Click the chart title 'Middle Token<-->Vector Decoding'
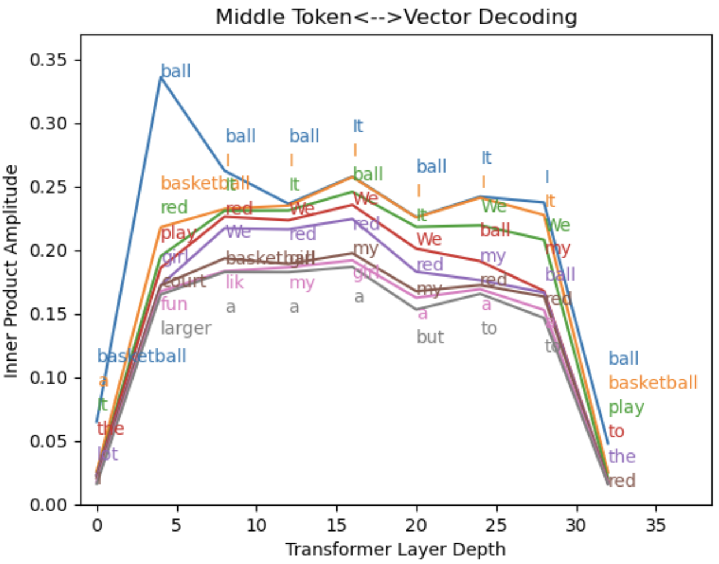pos(396,17)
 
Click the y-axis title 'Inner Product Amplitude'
pos(12,272)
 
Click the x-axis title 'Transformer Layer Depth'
pos(395,549)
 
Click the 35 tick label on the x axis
pos(655,525)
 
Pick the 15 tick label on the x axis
pos(336,525)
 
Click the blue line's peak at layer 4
pos(161,77)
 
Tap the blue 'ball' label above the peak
pos(176,71)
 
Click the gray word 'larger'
pos(186,328)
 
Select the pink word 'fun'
pos(174,304)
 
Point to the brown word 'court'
pos(183,281)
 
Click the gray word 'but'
pos(430,337)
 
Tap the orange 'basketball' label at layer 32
pos(653,383)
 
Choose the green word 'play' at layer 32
pos(626,407)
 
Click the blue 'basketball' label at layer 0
pos(142,356)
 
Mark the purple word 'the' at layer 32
pos(622,457)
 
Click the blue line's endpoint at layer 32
pos(608,444)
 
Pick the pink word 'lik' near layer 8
pos(235,282)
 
